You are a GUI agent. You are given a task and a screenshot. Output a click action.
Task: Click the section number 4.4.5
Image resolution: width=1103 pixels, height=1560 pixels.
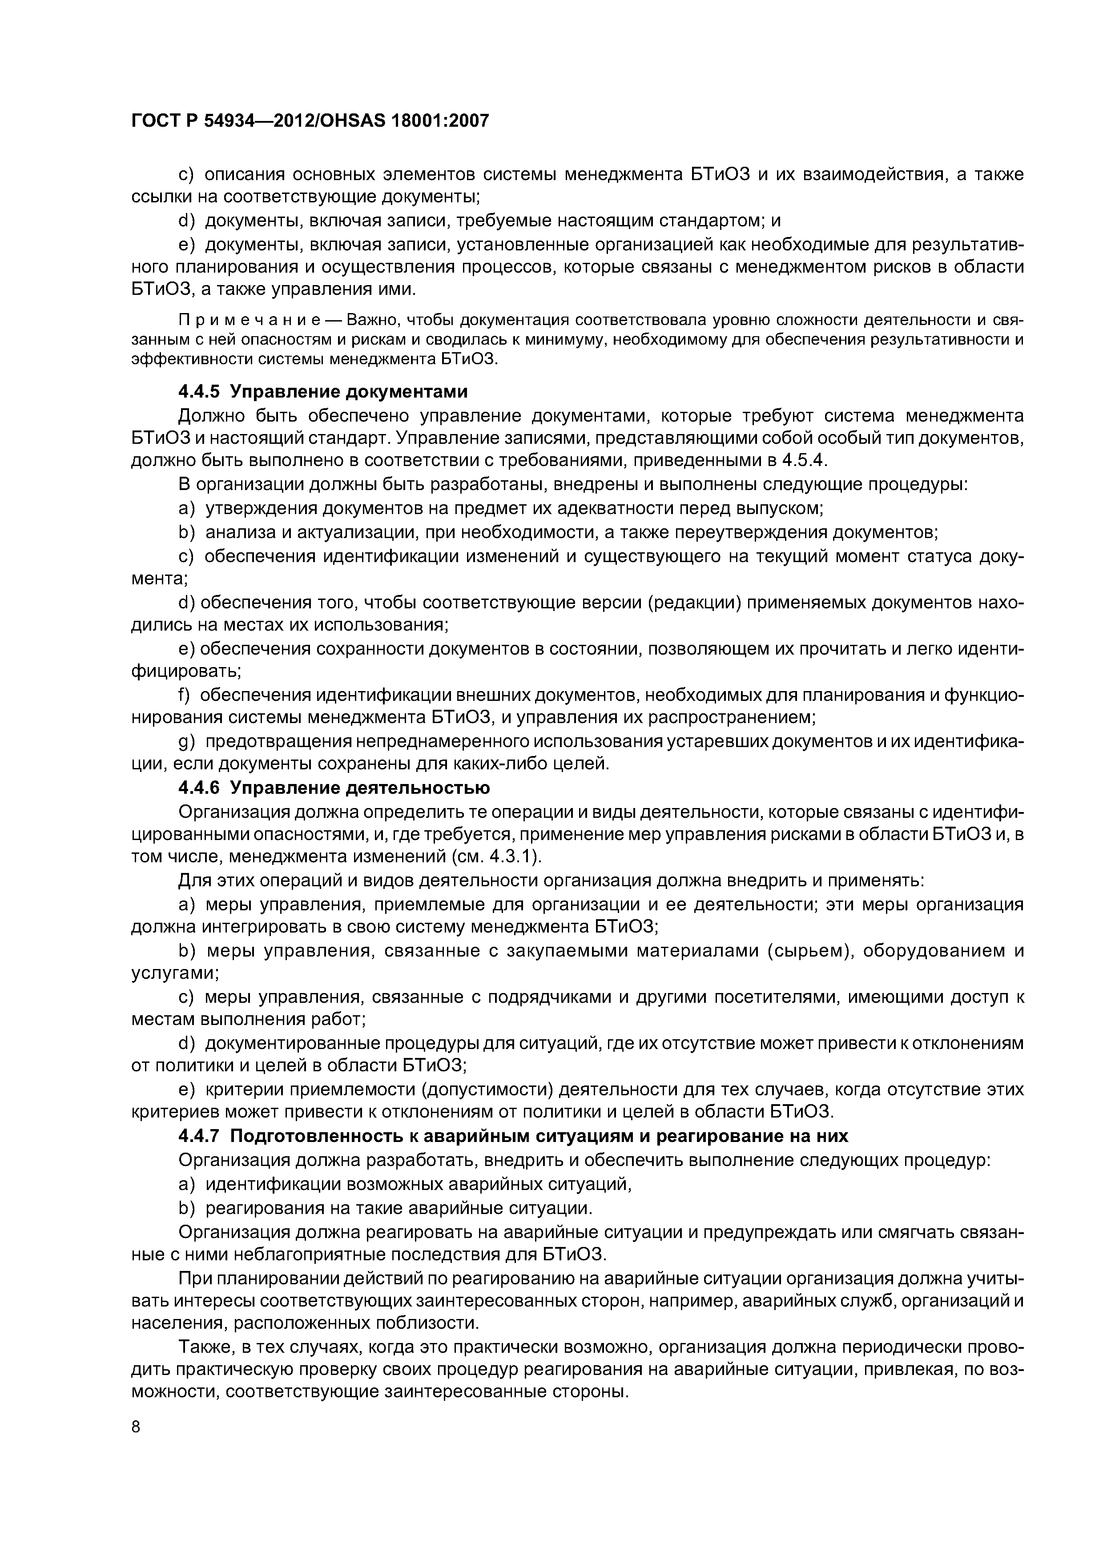coord(200,392)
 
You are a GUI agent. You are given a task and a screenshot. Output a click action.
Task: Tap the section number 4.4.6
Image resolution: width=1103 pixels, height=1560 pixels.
coord(200,788)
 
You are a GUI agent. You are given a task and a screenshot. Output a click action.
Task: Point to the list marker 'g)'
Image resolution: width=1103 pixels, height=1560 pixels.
coord(187,741)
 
